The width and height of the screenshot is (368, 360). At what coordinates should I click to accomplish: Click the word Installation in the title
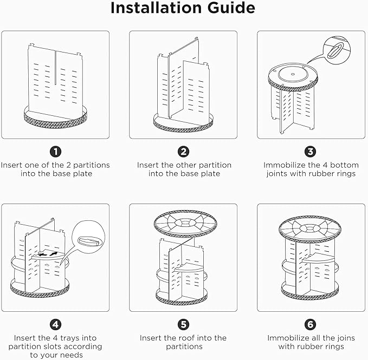(156, 8)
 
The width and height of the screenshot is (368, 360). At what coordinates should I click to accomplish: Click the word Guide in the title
(231, 8)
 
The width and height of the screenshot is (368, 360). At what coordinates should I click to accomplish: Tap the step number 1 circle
(56, 152)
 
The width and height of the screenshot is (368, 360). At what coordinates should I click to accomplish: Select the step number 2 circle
(184, 152)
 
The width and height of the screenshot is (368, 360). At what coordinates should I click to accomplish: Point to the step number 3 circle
(310, 152)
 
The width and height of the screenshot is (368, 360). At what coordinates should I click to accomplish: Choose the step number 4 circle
(56, 325)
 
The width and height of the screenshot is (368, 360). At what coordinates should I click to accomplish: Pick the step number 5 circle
(184, 325)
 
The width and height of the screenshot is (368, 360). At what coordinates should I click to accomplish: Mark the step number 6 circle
(310, 325)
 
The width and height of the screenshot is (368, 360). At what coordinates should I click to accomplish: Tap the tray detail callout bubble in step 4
(89, 237)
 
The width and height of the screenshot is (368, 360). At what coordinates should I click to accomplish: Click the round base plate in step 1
(56, 116)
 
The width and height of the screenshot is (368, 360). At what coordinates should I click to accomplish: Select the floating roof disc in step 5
(185, 224)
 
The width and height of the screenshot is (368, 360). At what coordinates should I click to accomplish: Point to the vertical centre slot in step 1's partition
(56, 68)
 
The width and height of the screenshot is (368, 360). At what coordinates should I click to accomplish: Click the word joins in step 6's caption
(345, 338)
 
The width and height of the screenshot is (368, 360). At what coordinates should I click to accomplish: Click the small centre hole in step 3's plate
(293, 74)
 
